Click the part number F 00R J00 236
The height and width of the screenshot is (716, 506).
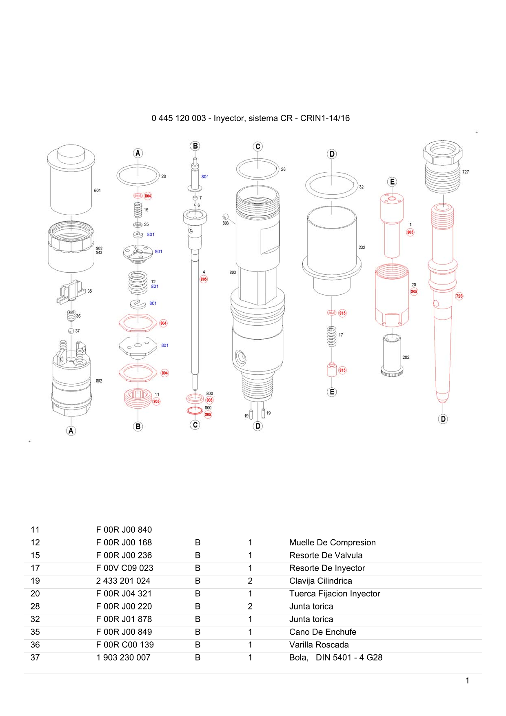click(124, 555)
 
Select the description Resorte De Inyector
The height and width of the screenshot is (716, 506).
click(327, 568)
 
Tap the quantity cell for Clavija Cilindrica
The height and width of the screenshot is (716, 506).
click(250, 581)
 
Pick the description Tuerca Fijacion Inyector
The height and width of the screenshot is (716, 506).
click(335, 594)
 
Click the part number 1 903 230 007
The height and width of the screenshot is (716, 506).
click(123, 658)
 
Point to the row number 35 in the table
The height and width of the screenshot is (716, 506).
click(35, 632)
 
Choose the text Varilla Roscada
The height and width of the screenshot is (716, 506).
click(319, 645)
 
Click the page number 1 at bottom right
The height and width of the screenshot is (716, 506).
click(467, 680)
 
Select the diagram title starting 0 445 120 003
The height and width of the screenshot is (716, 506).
click(251, 118)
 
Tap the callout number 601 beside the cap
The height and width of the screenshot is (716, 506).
click(98, 191)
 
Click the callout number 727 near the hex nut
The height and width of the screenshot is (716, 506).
click(466, 172)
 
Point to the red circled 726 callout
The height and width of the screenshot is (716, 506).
click(459, 296)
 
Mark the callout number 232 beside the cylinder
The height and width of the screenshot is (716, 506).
click(362, 247)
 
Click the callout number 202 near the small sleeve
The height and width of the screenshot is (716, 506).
click(406, 358)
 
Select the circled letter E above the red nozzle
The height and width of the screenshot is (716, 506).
click(392, 182)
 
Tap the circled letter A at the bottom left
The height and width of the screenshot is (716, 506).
click(71, 431)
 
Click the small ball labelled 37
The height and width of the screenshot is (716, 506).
click(71, 331)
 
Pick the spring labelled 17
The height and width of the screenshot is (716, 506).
click(332, 336)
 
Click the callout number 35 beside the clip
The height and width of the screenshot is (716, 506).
click(90, 291)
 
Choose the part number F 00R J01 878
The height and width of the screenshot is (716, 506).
click(124, 619)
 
